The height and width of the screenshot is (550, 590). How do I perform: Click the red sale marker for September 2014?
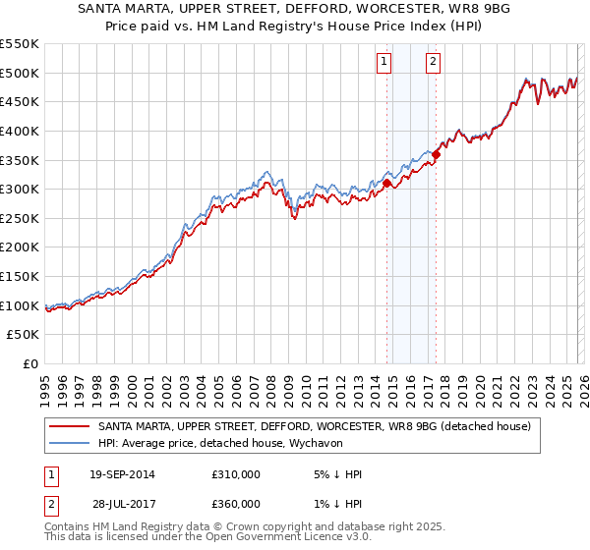(x=386, y=183)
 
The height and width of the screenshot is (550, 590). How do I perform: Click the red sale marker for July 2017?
(x=436, y=153)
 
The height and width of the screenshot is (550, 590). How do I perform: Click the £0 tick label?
(x=30, y=363)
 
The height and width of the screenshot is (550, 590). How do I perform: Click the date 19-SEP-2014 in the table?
(x=122, y=474)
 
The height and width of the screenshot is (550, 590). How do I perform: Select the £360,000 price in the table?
(x=236, y=503)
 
